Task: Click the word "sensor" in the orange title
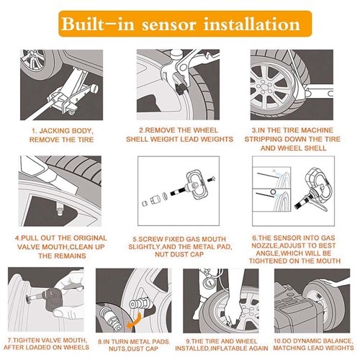click(x=169, y=24)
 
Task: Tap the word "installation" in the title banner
click(x=252, y=24)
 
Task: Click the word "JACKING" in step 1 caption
click(x=53, y=131)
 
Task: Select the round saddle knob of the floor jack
click(x=94, y=89)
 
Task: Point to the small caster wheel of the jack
click(x=72, y=112)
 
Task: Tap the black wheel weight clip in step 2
click(x=180, y=89)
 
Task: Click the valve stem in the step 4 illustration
click(x=60, y=209)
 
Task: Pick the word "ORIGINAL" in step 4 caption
click(x=90, y=238)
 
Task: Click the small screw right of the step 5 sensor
click(x=211, y=179)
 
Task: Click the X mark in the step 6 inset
click(x=274, y=171)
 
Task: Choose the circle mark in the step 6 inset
click(x=273, y=192)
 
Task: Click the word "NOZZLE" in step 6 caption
click(x=265, y=246)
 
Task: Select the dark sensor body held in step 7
click(x=55, y=300)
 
